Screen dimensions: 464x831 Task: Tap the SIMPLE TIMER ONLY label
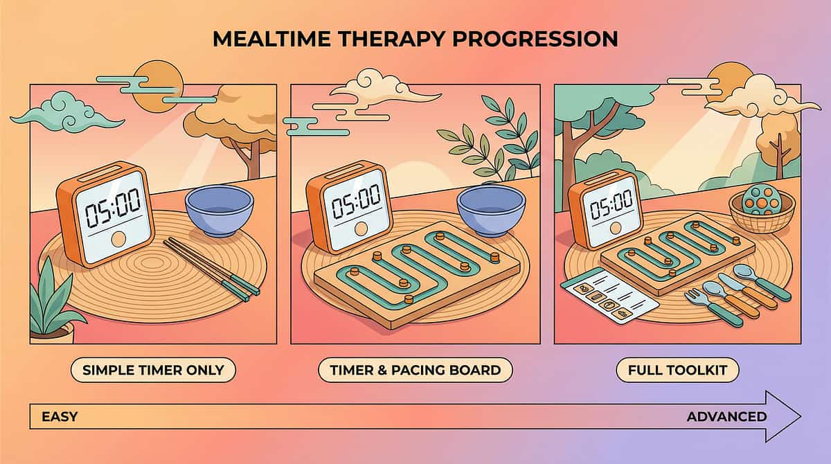(x=153, y=370)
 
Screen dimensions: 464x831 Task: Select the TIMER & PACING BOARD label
(x=415, y=370)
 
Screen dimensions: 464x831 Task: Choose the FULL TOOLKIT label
(x=677, y=370)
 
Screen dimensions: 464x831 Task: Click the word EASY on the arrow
(x=60, y=417)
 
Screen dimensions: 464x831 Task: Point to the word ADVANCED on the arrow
(x=726, y=417)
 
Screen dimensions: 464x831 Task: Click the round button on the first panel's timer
(x=118, y=240)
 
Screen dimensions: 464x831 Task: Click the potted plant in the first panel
(x=52, y=305)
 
